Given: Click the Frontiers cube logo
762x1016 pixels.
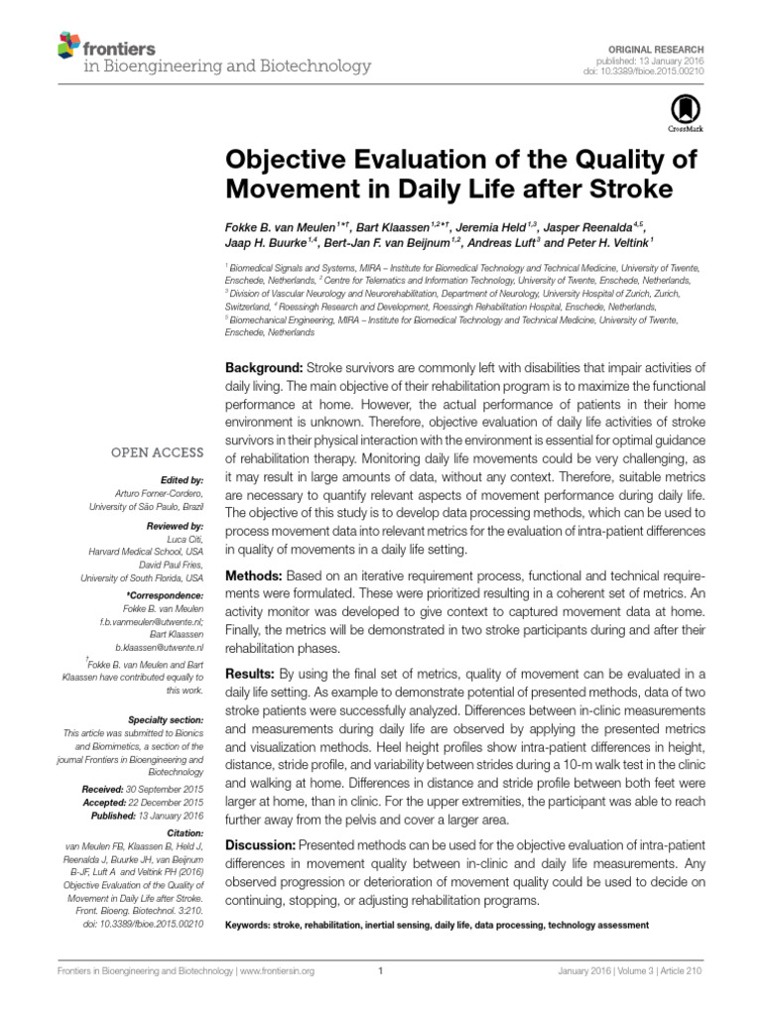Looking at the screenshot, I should point(66,45).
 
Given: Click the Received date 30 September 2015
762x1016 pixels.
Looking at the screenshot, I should point(166,788).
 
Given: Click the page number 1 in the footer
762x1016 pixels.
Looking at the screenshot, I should point(381,972).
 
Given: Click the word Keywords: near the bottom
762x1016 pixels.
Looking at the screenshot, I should point(254,925).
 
